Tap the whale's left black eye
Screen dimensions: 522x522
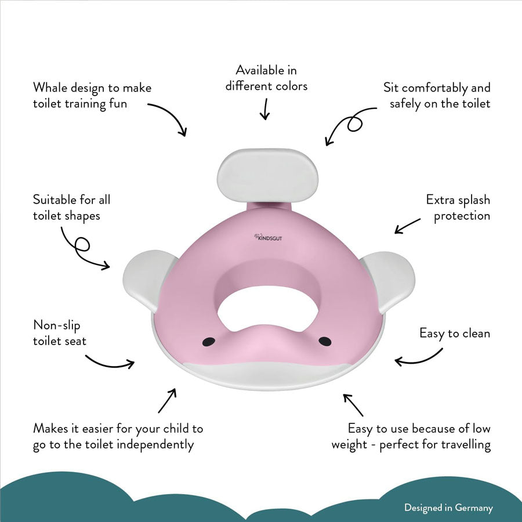coord(211,340)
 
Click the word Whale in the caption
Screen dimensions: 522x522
coord(49,88)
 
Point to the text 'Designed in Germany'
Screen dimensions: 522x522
coord(448,507)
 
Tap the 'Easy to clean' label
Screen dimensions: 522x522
coord(455,333)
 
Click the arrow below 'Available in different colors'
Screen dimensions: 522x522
coord(266,108)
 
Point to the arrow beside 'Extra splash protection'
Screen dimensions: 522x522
coord(408,226)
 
